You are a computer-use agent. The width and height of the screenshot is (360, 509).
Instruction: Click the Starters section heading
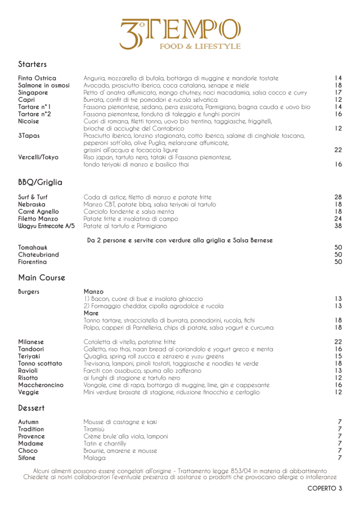click(32, 64)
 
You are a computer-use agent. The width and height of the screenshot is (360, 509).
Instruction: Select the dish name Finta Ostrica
click(37, 78)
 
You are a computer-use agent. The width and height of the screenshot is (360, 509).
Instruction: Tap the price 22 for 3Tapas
click(337, 150)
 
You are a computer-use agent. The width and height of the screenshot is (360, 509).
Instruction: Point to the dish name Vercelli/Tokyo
click(38, 157)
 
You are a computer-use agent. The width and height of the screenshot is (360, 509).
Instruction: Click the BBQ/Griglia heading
click(40, 182)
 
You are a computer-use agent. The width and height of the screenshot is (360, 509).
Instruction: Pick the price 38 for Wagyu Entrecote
click(337, 226)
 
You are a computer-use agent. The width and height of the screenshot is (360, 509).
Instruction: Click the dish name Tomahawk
click(33, 247)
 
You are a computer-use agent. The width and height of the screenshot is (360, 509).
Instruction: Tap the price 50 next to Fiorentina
click(337, 262)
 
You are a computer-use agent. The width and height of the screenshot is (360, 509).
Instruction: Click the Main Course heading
click(42, 277)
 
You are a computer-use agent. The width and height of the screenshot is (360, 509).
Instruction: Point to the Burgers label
click(33, 291)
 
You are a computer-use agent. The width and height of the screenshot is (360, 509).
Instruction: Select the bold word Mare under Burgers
click(91, 313)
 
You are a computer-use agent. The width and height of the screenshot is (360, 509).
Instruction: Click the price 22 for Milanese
click(337, 342)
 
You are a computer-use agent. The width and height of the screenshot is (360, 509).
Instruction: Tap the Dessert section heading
click(31, 407)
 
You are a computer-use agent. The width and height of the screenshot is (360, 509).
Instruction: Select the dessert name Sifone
click(30, 458)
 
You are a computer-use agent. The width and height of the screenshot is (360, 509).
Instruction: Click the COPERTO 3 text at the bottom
click(324, 488)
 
